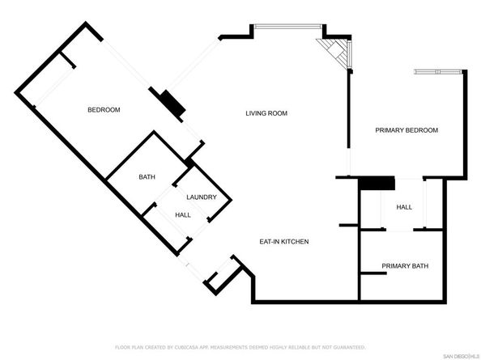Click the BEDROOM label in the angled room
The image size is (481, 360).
click(104, 110)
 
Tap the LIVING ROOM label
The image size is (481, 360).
click(266, 113)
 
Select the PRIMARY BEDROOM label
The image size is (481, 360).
click(406, 130)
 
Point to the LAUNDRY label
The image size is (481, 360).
click(201, 197)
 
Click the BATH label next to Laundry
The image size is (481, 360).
click(147, 177)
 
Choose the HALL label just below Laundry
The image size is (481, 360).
click(183, 214)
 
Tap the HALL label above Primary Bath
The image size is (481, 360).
click(404, 208)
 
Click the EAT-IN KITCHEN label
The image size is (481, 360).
click(283, 242)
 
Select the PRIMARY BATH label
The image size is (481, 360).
click(405, 266)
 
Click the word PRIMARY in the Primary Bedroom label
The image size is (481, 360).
click(388, 130)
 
